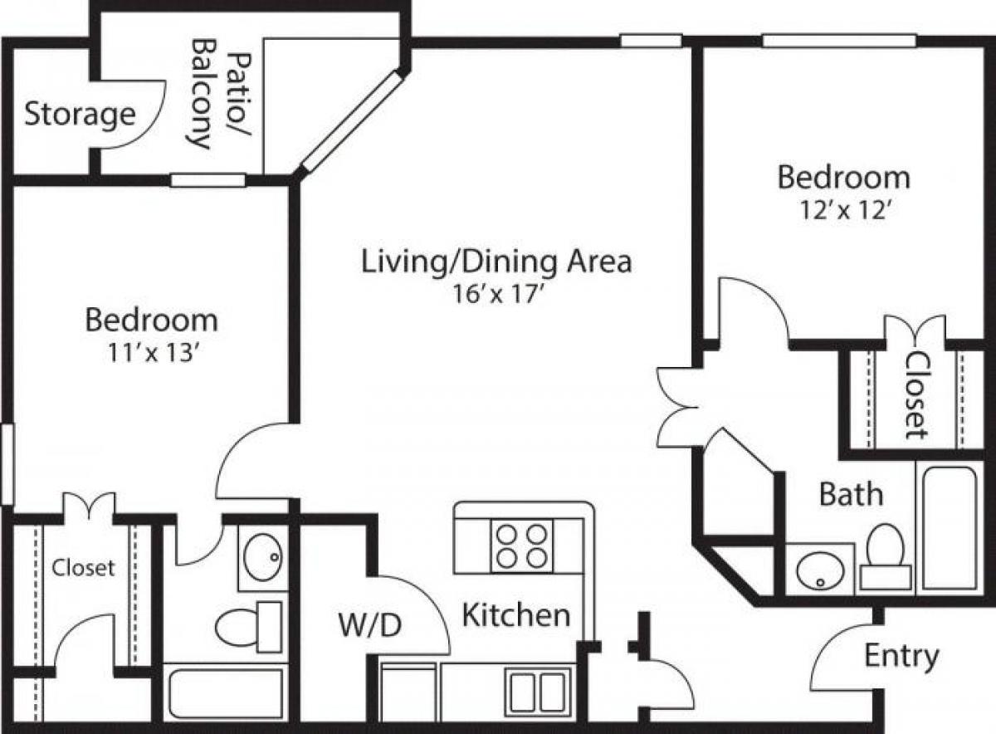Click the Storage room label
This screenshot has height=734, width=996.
tap(79, 114)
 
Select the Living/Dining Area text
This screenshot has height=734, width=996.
tap(496, 261)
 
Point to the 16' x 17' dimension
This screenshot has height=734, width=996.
tap(497, 295)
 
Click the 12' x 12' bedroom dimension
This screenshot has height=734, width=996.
tap(843, 210)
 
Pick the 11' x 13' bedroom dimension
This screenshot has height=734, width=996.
tap(151, 353)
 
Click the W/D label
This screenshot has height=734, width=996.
tap(370, 624)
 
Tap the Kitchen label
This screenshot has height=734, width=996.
tap(515, 615)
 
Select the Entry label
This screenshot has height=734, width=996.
tap(901, 656)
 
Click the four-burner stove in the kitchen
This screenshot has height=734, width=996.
tap(521, 546)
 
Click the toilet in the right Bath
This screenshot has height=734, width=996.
tap(885, 552)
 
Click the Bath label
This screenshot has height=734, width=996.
tap(851, 494)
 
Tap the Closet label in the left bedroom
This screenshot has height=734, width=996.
tap(83, 568)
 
